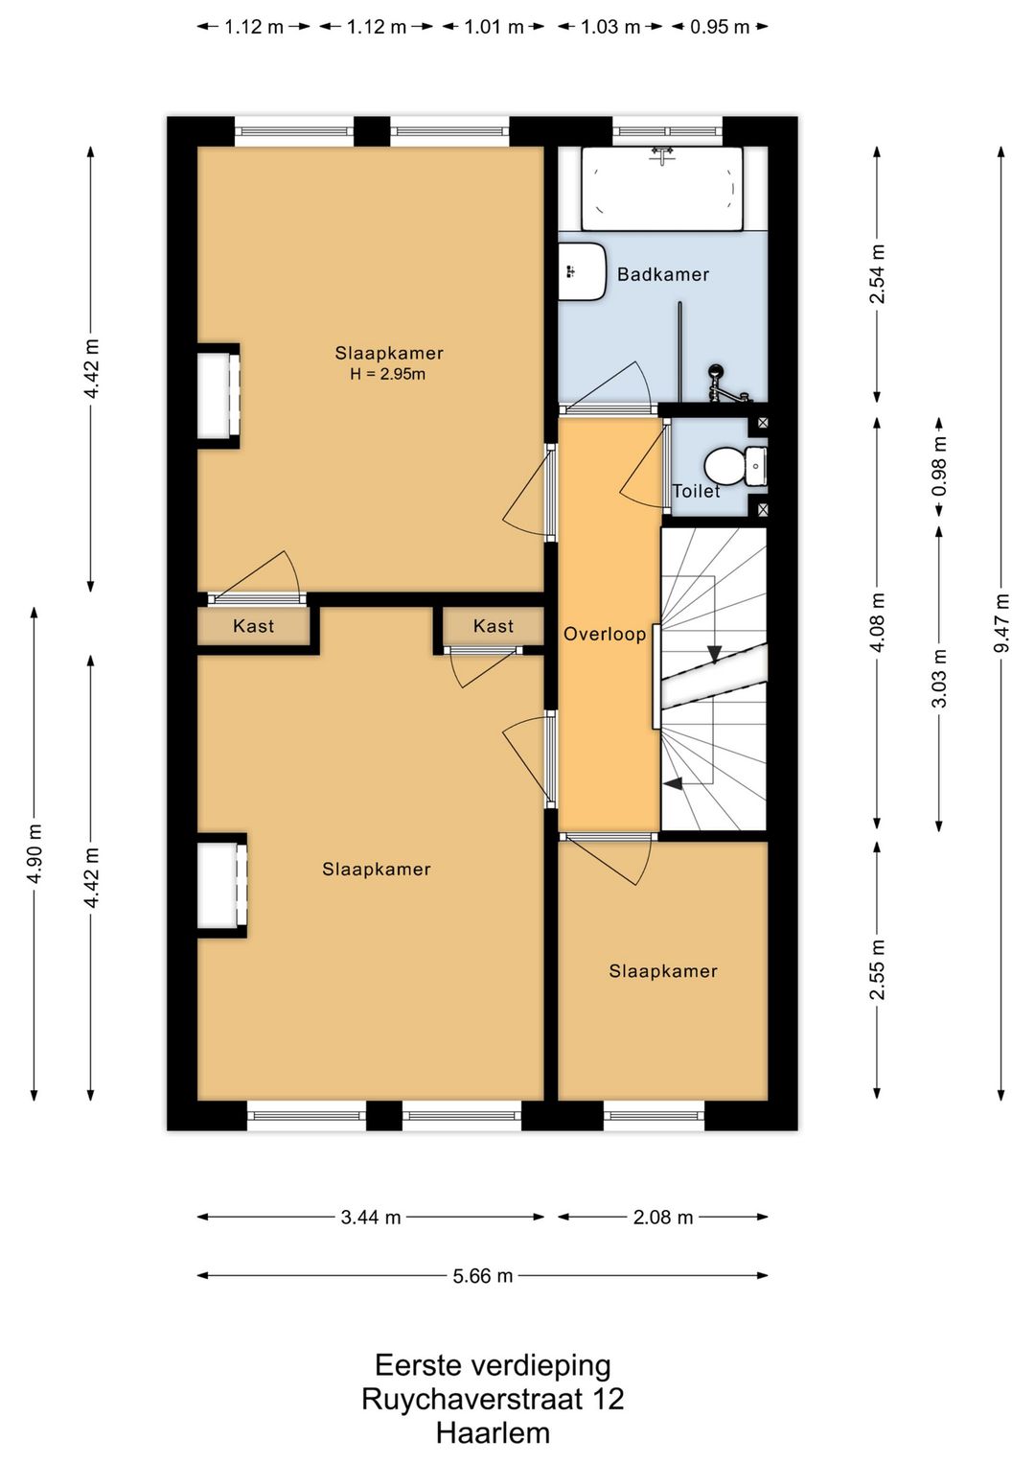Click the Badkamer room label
click(x=663, y=274)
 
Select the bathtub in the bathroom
click(x=661, y=189)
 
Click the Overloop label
click(x=605, y=634)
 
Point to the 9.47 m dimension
click(x=1002, y=623)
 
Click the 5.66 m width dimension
click(x=483, y=1275)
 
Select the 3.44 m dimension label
click(x=370, y=1217)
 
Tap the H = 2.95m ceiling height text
click(x=388, y=374)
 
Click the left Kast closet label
click(x=253, y=626)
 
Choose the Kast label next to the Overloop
click(x=493, y=626)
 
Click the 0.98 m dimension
click(x=940, y=466)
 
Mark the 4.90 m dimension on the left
click(x=34, y=853)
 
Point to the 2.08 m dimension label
click(x=663, y=1217)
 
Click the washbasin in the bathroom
click(x=582, y=271)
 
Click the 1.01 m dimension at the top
click(x=494, y=27)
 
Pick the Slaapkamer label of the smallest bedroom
click(x=663, y=971)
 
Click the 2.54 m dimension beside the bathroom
click(x=877, y=274)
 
